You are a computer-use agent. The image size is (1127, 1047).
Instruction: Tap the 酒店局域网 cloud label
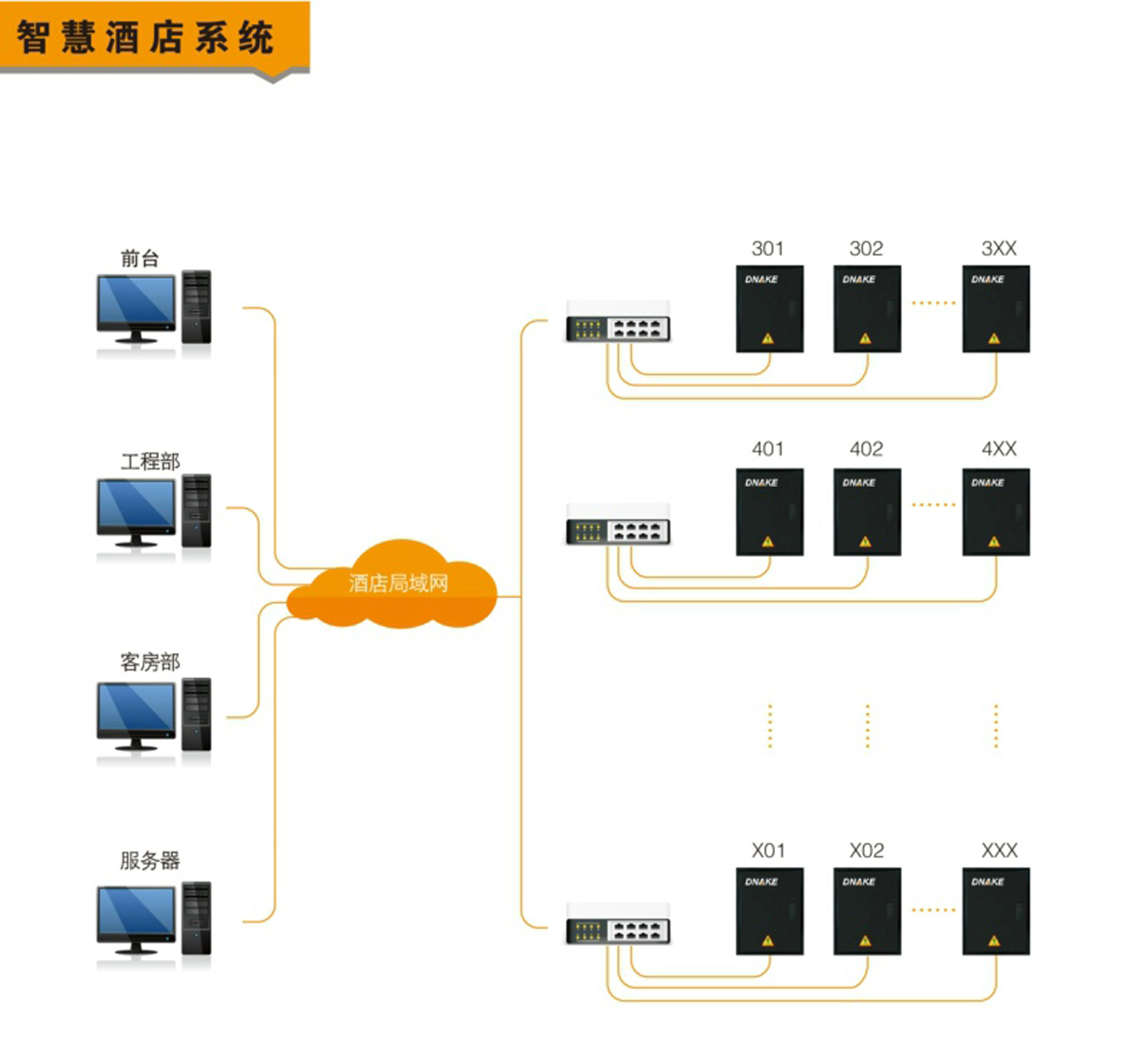click(x=398, y=583)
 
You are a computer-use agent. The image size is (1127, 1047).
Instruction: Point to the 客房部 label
click(x=150, y=661)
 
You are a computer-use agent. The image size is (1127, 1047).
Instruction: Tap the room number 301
click(x=767, y=248)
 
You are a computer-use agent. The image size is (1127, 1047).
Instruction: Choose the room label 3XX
click(x=998, y=248)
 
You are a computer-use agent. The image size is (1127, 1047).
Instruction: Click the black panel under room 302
click(x=866, y=309)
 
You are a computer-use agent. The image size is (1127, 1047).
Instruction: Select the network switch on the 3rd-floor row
click(x=618, y=323)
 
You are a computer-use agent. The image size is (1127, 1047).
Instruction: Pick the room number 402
click(x=866, y=449)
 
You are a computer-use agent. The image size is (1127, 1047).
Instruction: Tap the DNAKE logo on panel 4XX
click(x=987, y=483)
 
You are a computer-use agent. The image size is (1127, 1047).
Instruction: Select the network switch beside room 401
click(x=618, y=526)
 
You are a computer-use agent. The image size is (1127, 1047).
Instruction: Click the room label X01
click(x=768, y=851)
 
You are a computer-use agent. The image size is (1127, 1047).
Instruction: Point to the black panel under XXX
click(x=996, y=911)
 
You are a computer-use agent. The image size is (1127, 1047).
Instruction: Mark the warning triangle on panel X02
click(x=865, y=941)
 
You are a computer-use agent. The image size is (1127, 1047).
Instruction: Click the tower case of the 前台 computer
click(x=196, y=306)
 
